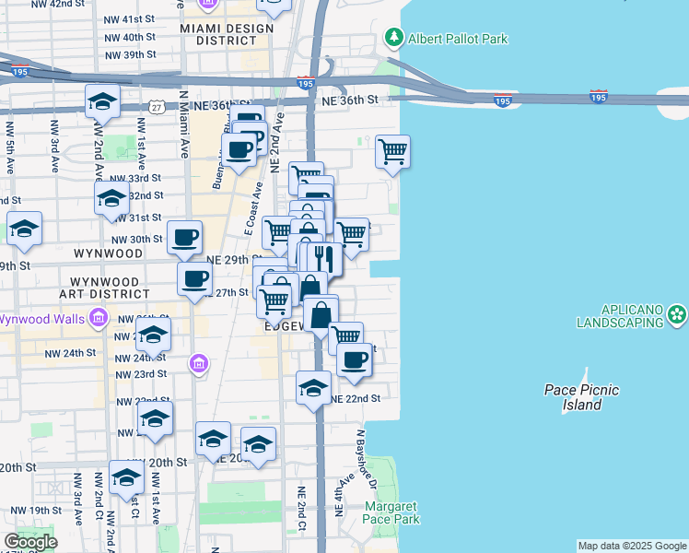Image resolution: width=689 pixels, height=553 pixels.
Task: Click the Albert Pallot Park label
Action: pos(458,39)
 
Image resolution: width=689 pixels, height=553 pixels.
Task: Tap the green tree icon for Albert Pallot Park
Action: pos(394,38)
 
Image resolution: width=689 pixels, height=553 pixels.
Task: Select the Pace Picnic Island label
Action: pos(581,397)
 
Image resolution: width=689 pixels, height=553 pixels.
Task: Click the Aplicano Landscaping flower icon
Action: pos(678,314)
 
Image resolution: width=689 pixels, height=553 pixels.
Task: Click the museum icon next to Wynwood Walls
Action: pos(99,319)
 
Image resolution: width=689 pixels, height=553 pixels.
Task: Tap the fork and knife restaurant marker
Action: pos(321,258)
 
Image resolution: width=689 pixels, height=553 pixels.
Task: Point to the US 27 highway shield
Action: pos(158,108)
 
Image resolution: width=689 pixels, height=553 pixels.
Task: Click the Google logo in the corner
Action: pos(30,542)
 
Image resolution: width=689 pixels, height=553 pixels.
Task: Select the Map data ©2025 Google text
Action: pos(632,546)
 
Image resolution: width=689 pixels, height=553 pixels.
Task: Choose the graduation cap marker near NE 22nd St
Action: pos(314,387)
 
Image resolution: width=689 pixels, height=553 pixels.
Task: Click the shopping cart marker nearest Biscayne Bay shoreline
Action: pos(393,151)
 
